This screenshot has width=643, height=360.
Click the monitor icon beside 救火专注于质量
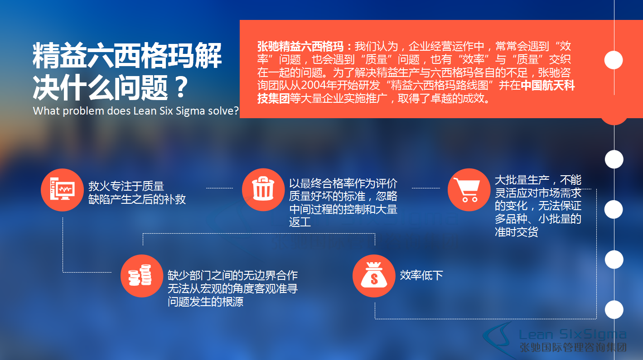(62, 190)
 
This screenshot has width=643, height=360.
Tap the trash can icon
(263, 190)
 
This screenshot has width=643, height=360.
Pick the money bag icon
(374, 276)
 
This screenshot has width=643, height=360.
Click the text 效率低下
(421, 275)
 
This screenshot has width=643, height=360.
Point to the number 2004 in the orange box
(315, 85)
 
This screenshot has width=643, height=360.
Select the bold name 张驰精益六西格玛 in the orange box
(300, 46)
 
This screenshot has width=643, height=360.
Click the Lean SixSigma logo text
(572, 335)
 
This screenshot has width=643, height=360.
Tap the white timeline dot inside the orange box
(614, 60)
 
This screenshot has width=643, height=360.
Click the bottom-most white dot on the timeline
(614, 310)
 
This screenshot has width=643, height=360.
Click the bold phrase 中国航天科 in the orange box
(548, 85)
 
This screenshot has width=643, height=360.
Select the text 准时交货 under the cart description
(517, 232)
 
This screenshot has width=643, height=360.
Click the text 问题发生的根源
(206, 302)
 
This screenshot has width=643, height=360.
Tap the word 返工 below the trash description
(300, 222)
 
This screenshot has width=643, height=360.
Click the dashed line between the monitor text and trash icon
(220, 188)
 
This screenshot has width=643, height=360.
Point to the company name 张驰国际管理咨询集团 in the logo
(573, 347)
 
